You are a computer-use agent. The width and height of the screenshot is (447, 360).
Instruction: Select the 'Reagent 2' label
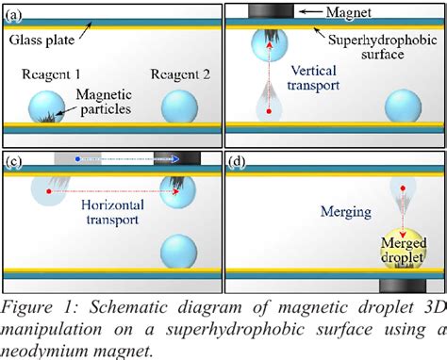point(175,73)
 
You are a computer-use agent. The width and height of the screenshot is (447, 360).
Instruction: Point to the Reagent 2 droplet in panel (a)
point(179,106)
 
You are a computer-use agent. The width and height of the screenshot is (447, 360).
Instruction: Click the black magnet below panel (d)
point(404,285)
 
